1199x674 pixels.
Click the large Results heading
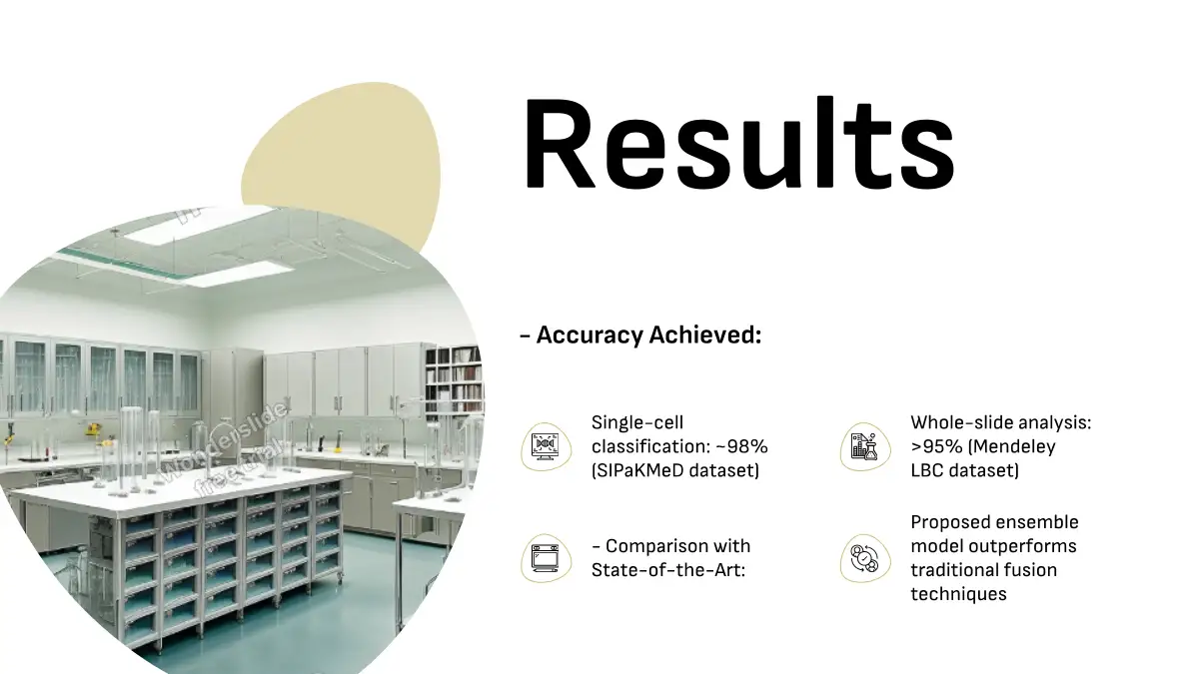click(x=739, y=144)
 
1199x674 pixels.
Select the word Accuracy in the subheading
click(x=590, y=336)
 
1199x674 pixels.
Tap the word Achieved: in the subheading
click(x=705, y=336)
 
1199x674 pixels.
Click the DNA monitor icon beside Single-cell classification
click(x=546, y=447)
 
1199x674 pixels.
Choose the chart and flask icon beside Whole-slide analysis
click(x=865, y=447)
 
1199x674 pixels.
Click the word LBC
click(x=927, y=470)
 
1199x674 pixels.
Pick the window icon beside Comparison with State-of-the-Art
click(x=546, y=558)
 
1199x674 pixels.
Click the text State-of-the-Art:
click(x=668, y=570)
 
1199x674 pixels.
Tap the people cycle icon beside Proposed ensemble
click(x=865, y=558)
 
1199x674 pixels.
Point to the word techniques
click(x=958, y=594)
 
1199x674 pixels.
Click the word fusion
click(x=1030, y=570)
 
